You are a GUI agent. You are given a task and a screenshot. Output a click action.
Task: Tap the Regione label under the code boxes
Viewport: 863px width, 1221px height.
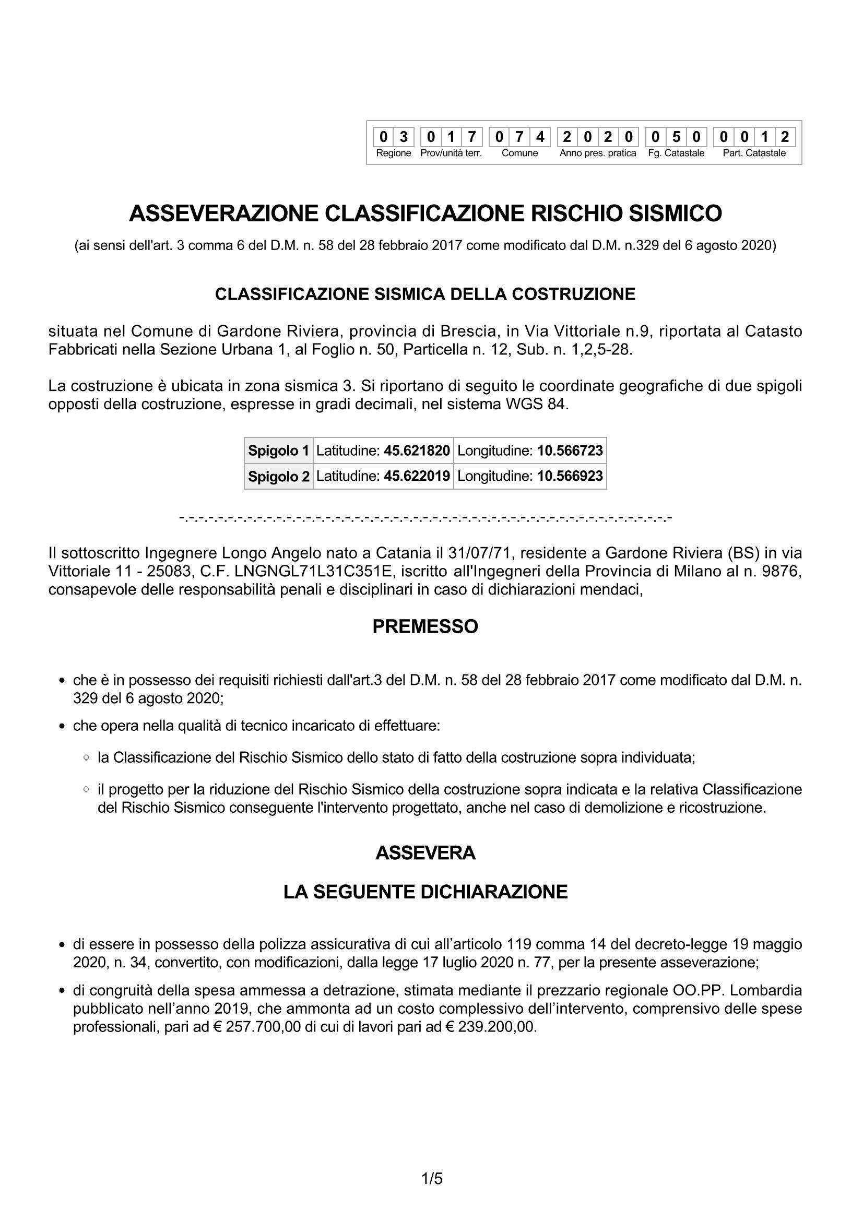394,153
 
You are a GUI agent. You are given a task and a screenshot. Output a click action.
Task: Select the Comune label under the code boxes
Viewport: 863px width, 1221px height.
519,153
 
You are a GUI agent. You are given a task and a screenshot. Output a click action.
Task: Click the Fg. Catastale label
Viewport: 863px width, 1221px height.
676,153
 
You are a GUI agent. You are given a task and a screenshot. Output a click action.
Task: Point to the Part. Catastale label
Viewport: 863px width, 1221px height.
754,153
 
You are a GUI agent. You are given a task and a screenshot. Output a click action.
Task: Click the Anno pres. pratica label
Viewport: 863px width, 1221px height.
598,153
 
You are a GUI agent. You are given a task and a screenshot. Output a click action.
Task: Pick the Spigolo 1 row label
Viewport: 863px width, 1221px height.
279,451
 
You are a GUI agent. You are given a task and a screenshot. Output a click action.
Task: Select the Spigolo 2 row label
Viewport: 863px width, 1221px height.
279,477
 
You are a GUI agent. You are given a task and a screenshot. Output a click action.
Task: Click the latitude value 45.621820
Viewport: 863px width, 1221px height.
417,451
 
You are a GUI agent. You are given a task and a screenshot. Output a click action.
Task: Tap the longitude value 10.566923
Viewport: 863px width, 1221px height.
570,476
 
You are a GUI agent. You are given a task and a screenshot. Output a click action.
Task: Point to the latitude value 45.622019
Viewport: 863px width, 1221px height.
417,476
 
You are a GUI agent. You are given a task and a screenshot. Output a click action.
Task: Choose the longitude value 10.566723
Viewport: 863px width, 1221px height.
570,451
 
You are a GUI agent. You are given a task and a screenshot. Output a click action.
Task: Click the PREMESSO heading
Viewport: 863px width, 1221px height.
425,626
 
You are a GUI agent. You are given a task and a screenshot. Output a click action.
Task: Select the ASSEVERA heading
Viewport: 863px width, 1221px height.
425,853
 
